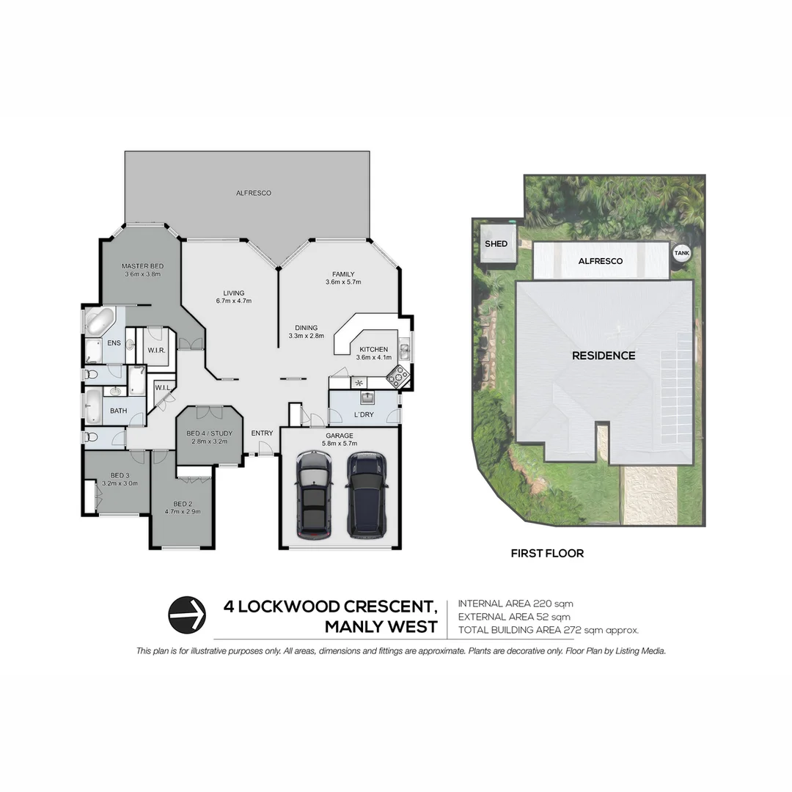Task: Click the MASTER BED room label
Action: click(x=142, y=265)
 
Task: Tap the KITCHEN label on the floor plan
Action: click(x=373, y=349)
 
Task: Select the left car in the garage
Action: click(x=313, y=494)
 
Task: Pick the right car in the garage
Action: click(x=367, y=494)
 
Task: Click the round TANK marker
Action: click(x=681, y=252)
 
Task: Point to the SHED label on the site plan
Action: click(x=496, y=243)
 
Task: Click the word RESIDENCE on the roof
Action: click(x=604, y=356)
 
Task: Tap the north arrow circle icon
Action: click(x=186, y=615)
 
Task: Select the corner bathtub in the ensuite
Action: click(x=98, y=320)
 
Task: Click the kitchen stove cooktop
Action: click(x=398, y=376)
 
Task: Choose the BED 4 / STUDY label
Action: click(x=209, y=433)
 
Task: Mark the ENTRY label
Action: click(x=262, y=433)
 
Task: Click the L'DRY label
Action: click(x=364, y=416)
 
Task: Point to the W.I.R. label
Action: click(x=155, y=351)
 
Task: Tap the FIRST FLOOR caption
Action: click(x=547, y=554)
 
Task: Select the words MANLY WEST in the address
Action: click(x=381, y=627)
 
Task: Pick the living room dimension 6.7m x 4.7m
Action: click(x=234, y=301)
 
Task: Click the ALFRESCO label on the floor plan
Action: click(x=253, y=193)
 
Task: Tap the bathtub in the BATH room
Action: click(x=92, y=406)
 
